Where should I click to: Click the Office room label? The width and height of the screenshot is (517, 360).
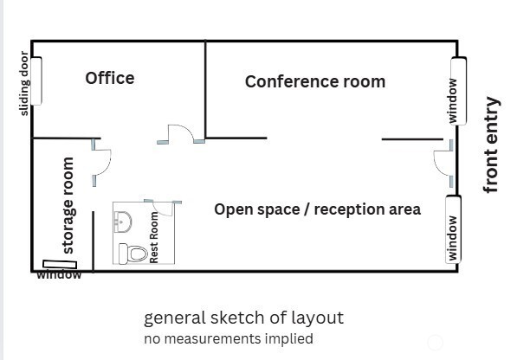point(110,78)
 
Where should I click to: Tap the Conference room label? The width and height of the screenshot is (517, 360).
point(315,81)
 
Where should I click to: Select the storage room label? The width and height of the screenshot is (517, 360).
point(68,205)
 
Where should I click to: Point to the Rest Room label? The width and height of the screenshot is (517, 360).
point(154,237)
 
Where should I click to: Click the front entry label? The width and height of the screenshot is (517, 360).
point(491,145)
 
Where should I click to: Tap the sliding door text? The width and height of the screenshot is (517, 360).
point(25,83)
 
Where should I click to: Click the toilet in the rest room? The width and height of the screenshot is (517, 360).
point(132,254)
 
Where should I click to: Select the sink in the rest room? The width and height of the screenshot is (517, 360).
point(123,222)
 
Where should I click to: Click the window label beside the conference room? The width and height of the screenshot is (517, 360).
point(452,100)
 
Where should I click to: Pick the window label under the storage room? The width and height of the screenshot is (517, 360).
point(59,274)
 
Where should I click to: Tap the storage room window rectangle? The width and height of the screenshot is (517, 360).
point(60,264)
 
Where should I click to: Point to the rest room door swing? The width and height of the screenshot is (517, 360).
point(162,209)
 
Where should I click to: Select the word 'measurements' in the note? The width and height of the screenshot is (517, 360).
point(212,338)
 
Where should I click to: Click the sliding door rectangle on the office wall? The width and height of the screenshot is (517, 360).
point(36,81)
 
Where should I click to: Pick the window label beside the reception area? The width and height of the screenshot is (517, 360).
point(452,238)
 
